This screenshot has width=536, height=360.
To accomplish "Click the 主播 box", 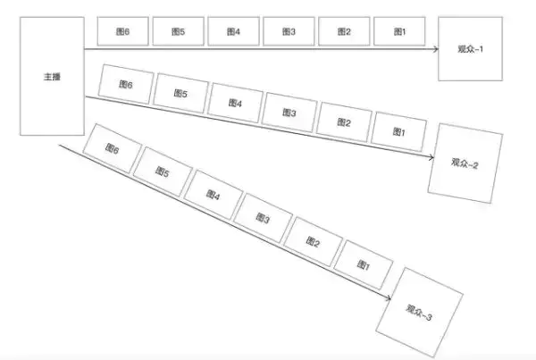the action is coord(52,76).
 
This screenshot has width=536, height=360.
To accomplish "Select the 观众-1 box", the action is coord(471,49).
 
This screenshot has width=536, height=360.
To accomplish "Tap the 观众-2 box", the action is coord(465,163).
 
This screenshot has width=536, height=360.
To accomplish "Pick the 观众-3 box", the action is coord(420,313).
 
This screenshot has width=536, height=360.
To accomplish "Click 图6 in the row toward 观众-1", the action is coord(122,31).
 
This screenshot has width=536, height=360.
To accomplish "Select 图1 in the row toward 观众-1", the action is coord(399,31).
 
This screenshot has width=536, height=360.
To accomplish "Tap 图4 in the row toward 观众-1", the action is coord(233,31).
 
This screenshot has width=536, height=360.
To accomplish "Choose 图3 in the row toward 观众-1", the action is coord(289,31).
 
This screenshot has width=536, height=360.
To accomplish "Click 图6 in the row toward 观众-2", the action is coord(126,84).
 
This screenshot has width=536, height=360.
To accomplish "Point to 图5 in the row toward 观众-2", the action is coord(180,93).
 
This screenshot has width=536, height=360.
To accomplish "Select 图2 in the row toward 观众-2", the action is coord(344,122).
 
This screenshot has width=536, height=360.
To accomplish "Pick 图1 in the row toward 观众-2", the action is coord(398,131).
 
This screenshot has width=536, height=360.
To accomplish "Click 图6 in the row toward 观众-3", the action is coord(113,148).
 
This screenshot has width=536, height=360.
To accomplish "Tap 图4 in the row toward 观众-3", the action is coord(214,195).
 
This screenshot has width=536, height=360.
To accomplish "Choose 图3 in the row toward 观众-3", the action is coord(263,218).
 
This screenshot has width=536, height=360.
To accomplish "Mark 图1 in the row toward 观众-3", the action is coord(364,264).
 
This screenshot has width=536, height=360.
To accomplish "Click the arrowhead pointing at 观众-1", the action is coord(436,49).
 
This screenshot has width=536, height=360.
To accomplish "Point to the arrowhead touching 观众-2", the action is coord(431,157).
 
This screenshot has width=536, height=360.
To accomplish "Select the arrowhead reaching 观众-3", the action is coord(388,297).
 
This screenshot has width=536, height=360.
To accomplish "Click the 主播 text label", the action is coord(52,77).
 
